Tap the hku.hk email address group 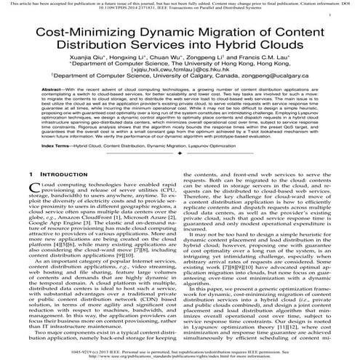coord(180,86)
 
